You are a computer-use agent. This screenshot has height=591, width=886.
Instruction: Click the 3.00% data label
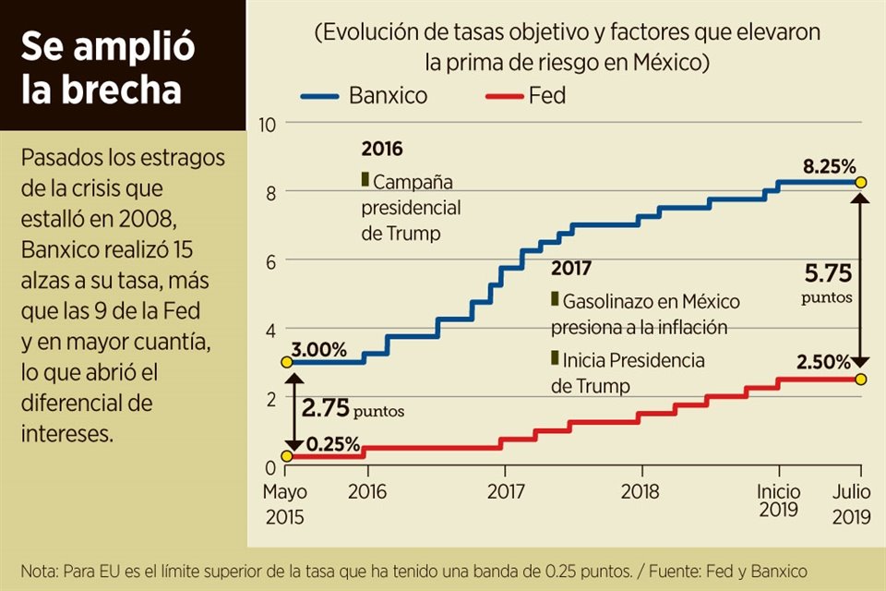[x=319, y=350]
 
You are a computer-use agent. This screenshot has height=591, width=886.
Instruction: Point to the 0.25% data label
[x=332, y=444]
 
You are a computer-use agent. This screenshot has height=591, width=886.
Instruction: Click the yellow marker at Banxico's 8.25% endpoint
[x=861, y=183]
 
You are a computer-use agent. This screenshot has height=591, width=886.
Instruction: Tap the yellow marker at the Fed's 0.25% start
[x=286, y=456]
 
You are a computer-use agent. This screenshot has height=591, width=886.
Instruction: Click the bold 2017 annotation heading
[x=571, y=269]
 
